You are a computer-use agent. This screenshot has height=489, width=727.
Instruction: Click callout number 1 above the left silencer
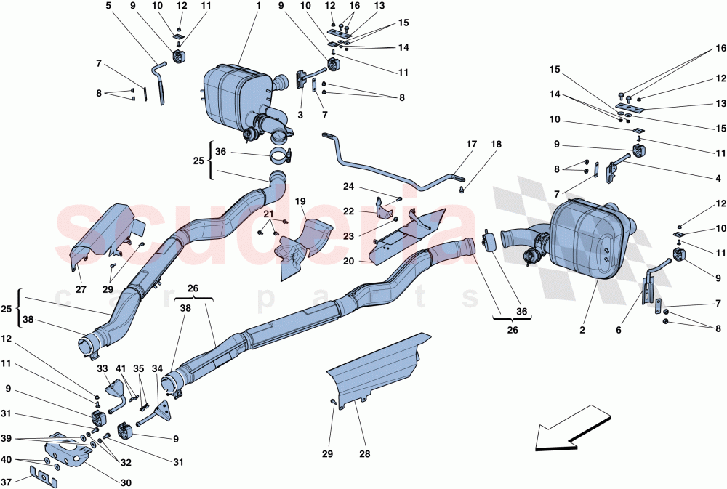point(257,5)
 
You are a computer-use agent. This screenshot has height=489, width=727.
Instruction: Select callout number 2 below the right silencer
point(582,331)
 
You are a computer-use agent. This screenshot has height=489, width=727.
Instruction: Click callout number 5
point(108,5)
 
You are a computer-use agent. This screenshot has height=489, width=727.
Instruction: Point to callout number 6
point(619,331)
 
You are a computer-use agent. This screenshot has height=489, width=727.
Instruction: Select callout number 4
point(718,178)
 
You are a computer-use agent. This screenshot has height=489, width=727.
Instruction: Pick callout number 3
point(300,114)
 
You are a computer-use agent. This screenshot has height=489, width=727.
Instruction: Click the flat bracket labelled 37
point(46,476)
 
